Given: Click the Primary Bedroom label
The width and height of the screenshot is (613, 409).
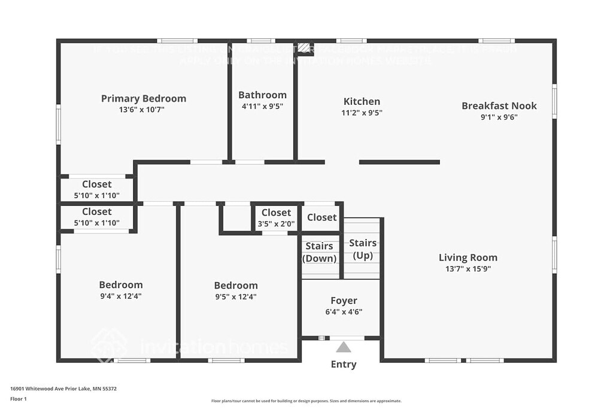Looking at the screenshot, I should pos(143,99).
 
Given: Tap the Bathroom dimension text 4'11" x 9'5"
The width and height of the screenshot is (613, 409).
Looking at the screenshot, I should pos(262,106).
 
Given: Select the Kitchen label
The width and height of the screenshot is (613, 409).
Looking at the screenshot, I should pos(362,101).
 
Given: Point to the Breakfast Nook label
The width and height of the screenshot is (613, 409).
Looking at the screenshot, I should pos(499,106).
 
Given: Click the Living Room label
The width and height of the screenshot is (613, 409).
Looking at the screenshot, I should pos(468,257).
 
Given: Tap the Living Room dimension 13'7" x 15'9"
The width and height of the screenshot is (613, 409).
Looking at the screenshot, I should pos(468,269).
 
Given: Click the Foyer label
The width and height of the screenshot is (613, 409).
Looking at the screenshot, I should pos(344,301).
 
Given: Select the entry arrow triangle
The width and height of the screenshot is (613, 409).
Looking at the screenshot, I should pos(343,347).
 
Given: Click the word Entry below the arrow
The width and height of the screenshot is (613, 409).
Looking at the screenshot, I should pos(344,364).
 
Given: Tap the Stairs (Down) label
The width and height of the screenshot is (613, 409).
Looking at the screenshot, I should pos(319,252).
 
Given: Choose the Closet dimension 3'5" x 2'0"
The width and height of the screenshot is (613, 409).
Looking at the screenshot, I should pos(276,223).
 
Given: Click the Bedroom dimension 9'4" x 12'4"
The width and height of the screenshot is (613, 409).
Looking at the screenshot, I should pos(120,296).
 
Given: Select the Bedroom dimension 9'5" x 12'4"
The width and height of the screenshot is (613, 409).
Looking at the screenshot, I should pos(236,296).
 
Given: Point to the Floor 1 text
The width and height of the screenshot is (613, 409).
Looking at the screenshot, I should pos(19,399).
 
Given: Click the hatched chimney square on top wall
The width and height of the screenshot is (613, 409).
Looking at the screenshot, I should pos(305,47).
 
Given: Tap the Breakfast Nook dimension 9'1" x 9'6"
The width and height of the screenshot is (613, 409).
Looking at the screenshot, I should pos(499,117).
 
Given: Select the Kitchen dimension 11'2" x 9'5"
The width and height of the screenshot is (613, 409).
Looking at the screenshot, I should pos(362,112).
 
